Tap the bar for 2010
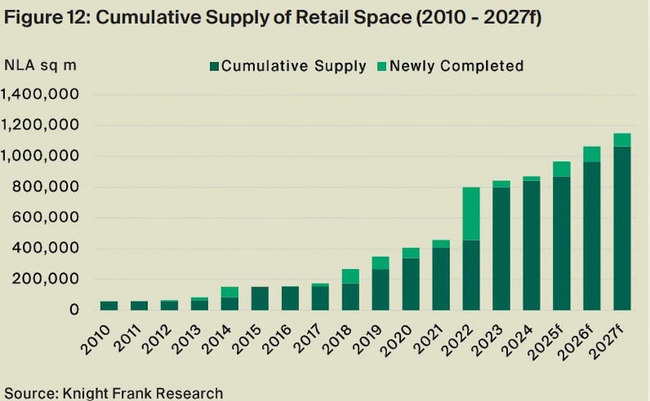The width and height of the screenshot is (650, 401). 109,306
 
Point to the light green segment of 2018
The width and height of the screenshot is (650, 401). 351,276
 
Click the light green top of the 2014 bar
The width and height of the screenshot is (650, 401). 230,291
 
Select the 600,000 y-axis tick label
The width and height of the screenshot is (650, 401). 47,218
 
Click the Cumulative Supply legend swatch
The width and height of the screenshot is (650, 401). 215,66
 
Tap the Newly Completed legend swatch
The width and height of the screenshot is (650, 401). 381,66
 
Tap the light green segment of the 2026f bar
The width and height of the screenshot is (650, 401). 592,154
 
